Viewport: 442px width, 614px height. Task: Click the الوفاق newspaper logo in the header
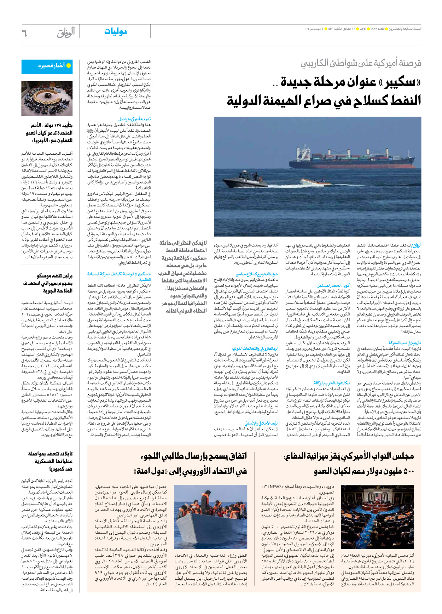66,33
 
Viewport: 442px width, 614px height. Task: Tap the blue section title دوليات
115,31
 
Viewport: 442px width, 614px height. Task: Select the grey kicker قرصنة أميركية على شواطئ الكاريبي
361,63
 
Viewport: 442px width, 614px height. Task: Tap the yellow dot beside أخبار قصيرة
69,66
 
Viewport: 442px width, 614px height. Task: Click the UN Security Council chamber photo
47,98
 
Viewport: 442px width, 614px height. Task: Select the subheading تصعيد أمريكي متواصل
134,119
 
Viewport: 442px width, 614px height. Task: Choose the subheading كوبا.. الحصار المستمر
333,285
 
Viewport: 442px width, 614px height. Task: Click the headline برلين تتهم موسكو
54,276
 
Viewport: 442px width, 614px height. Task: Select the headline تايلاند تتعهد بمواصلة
50,454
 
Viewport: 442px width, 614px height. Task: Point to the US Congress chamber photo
377,517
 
